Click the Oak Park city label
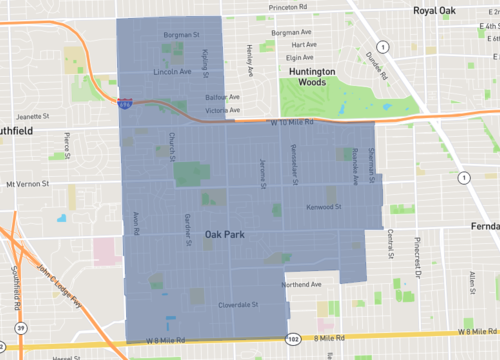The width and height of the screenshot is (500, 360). pyautogui.click(x=225, y=234)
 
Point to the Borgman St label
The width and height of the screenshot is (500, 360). pyautogui.click(x=181, y=35)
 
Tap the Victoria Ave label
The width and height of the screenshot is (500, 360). pyautogui.click(x=222, y=110)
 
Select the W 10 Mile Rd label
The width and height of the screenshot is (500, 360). pyautogui.click(x=291, y=122)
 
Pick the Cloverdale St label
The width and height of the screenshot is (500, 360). pyautogui.click(x=239, y=304)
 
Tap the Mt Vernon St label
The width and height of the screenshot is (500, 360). pyautogui.click(x=27, y=184)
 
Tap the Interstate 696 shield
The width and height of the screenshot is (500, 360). pyautogui.click(x=122, y=102)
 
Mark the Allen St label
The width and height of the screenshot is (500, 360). pyautogui.click(x=472, y=285)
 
